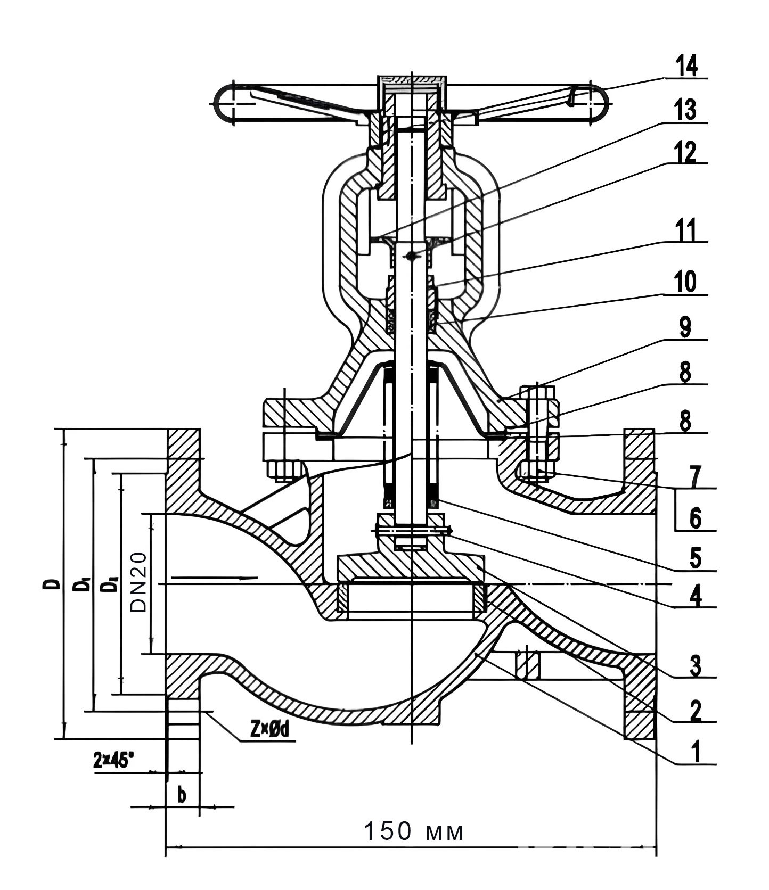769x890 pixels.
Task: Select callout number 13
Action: [685, 110]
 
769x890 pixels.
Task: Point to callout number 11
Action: [685, 230]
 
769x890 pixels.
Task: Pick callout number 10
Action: [685, 282]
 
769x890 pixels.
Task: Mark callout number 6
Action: [695, 518]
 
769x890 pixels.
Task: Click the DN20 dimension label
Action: [138, 582]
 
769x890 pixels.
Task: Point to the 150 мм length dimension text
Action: [413, 831]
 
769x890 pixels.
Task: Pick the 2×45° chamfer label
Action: [112, 761]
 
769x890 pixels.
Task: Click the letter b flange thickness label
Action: [182, 795]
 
